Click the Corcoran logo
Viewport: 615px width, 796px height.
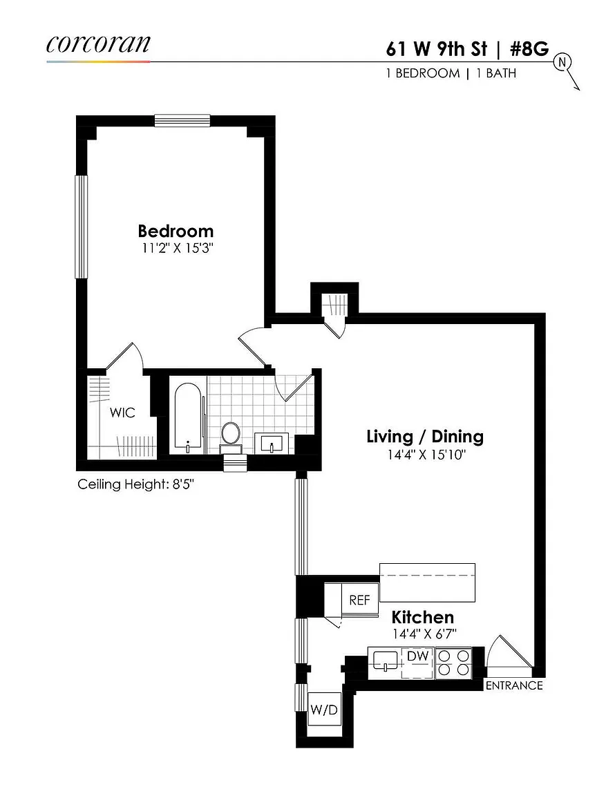coord(98,44)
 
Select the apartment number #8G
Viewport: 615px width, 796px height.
coord(529,49)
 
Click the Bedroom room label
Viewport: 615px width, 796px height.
coord(176,231)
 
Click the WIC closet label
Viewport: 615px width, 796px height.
coord(122,413)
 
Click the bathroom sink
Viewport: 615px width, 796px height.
coord(271,443)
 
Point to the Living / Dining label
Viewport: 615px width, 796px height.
coord(425,436)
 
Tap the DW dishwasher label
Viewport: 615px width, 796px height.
coord(418,656)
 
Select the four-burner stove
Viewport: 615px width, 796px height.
coord(453,663)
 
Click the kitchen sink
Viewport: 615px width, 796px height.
coord(386,661)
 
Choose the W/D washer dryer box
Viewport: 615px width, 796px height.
coord(324,709)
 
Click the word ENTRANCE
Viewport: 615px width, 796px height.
coord(514,686)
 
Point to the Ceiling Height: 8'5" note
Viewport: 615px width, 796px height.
coord(135,484)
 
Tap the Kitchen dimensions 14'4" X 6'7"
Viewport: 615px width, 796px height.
coord(424,634)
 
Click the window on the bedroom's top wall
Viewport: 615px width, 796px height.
coord(182,121)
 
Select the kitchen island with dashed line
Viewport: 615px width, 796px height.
coord(427,582)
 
